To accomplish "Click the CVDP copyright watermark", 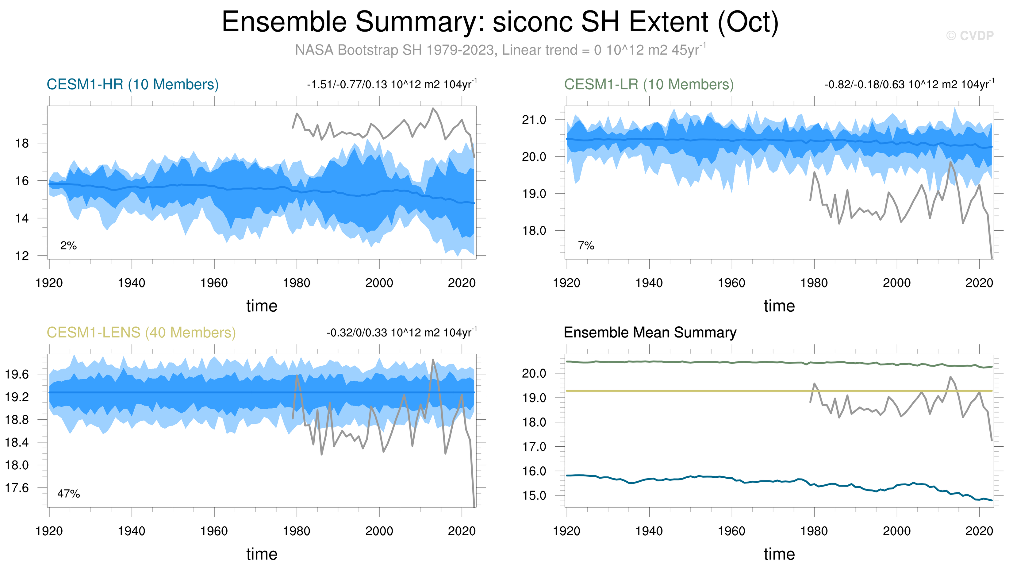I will (970, 36).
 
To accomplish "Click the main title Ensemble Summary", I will (500, 22).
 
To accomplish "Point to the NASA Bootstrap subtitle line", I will (500, 50).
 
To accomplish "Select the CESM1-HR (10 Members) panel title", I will (132, 84).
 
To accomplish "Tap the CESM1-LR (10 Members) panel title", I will (649, 84).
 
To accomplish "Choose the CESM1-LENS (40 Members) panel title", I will (141, 333).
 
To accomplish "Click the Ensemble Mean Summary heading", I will (650, 333).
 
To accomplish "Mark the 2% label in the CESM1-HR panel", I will (69, 246).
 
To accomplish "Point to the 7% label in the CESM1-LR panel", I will (586, 246).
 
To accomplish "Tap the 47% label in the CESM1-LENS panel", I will (69, 494).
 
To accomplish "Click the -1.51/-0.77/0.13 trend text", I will (392, 84).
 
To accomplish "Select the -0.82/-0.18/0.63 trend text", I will (909, 84).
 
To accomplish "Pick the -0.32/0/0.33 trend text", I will (401, 333).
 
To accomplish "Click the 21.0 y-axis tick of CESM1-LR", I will (534, 120).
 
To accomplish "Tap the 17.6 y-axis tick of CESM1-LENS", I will (17, 488).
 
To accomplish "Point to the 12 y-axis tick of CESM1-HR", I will (22, 256).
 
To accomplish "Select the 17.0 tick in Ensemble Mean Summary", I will (534, 447).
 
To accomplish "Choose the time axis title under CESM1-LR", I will (779, 306).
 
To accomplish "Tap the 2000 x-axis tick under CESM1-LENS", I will (379, 531).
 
